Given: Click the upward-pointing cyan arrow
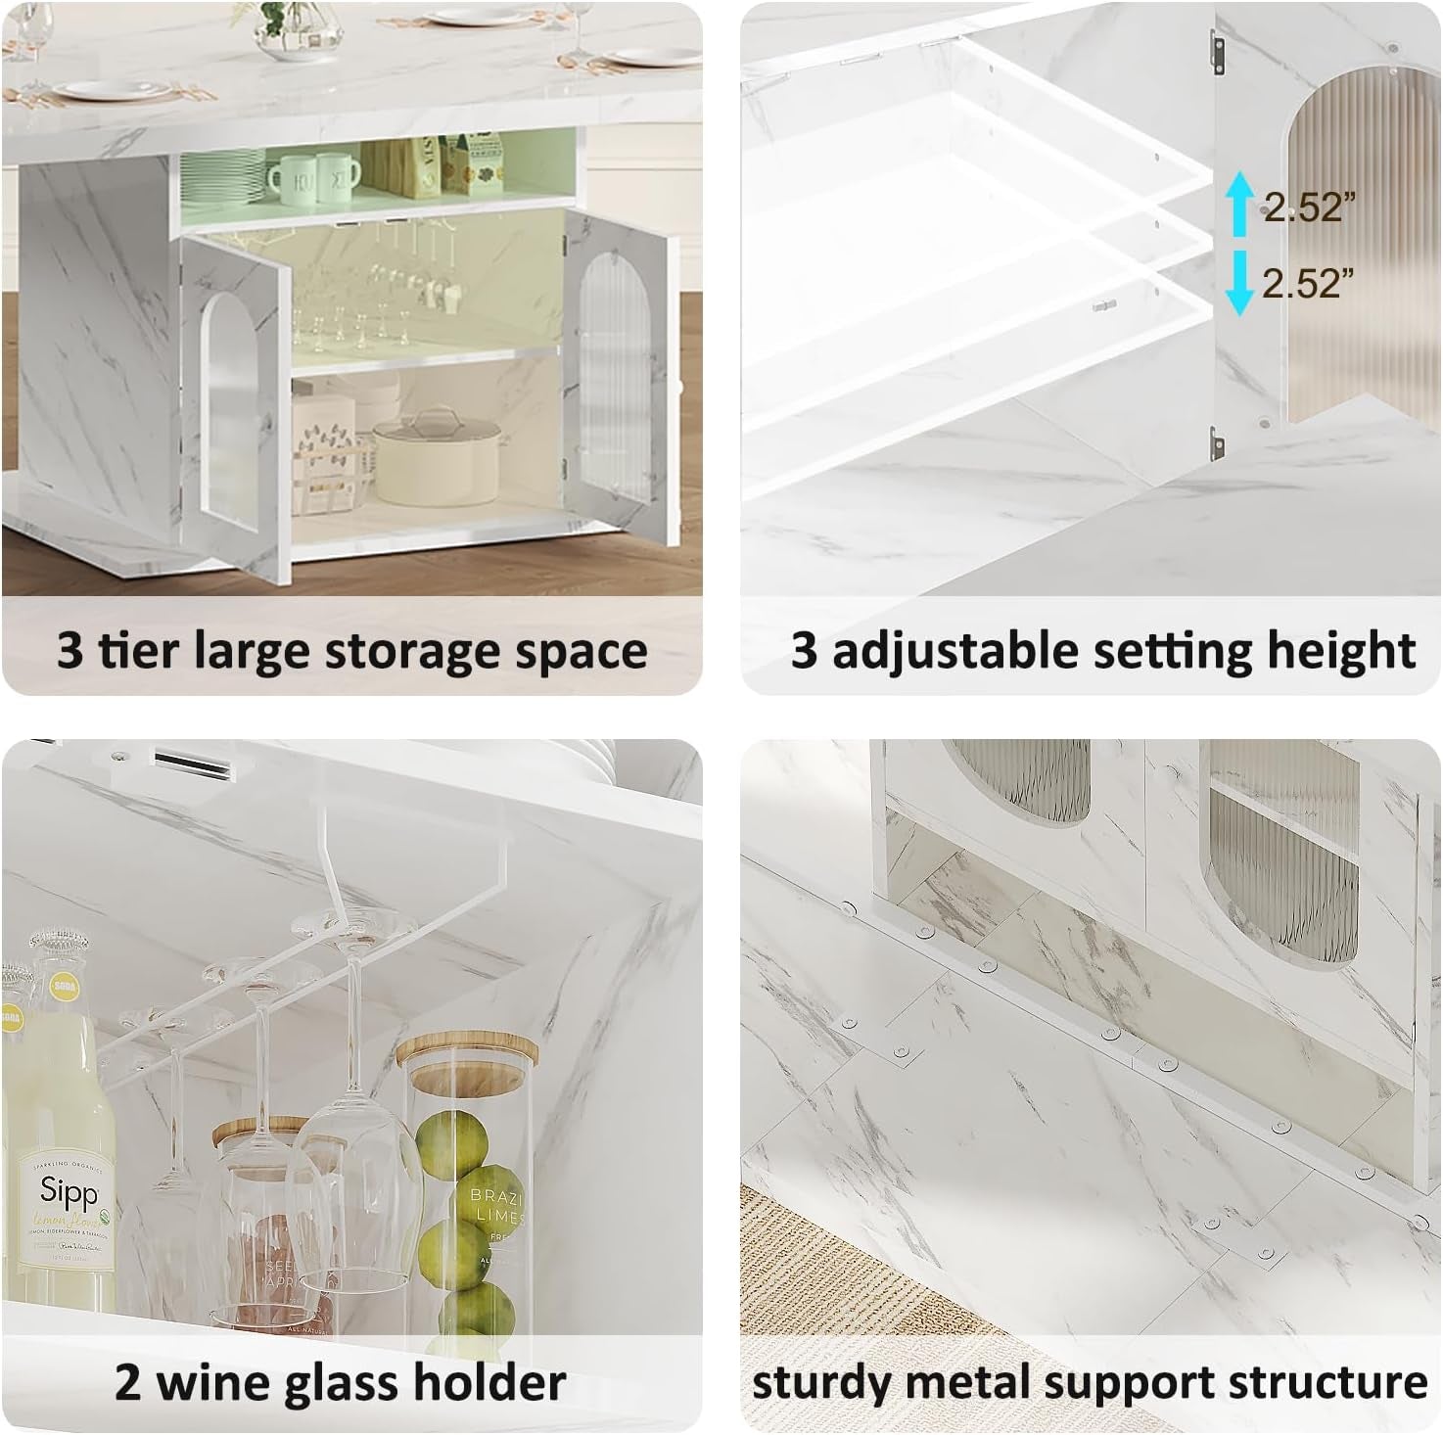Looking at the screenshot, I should click(x=1240, y=204).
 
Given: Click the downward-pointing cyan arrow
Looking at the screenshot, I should click(x=1240, y=283).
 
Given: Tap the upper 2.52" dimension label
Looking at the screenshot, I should click(x=1310, y=206).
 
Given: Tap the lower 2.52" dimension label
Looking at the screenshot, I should click(x=1308, y=283).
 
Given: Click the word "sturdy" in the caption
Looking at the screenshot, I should click(x=820, y=1382).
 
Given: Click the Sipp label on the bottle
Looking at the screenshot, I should click(x=70, y=1192).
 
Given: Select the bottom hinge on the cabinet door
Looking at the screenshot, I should click(x=1216, y=443).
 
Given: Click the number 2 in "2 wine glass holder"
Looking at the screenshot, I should click(x=127, y=1382).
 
